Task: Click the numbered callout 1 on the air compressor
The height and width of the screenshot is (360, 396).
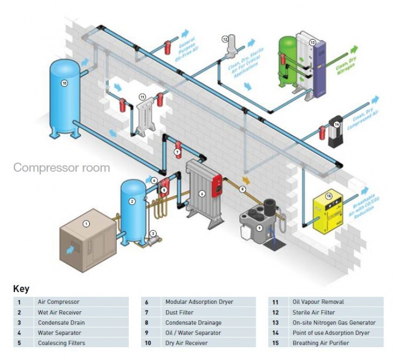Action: tap(86, 224)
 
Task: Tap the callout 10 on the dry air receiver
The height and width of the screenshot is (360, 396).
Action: tap(64, 83)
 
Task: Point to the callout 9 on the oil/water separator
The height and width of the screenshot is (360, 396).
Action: tap(259, 228)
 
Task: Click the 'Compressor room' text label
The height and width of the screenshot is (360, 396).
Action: tap(61, 168)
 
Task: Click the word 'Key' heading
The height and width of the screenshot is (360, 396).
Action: tap(21, 289)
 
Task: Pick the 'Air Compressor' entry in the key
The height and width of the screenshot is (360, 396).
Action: tap(58, 301)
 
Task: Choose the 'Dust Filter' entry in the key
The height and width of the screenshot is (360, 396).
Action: tap(179, 312)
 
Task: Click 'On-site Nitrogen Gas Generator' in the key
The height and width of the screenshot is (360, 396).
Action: tap(334, 323)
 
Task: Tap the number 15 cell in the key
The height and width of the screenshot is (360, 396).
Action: tap(276, 343)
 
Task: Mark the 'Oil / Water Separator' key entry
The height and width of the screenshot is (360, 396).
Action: tap(193, 333)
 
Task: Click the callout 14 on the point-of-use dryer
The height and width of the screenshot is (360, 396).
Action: tap(337, 124)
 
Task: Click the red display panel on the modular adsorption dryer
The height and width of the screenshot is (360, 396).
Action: tap(217, 186)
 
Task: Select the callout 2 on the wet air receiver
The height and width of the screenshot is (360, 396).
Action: tap(132, 201)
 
